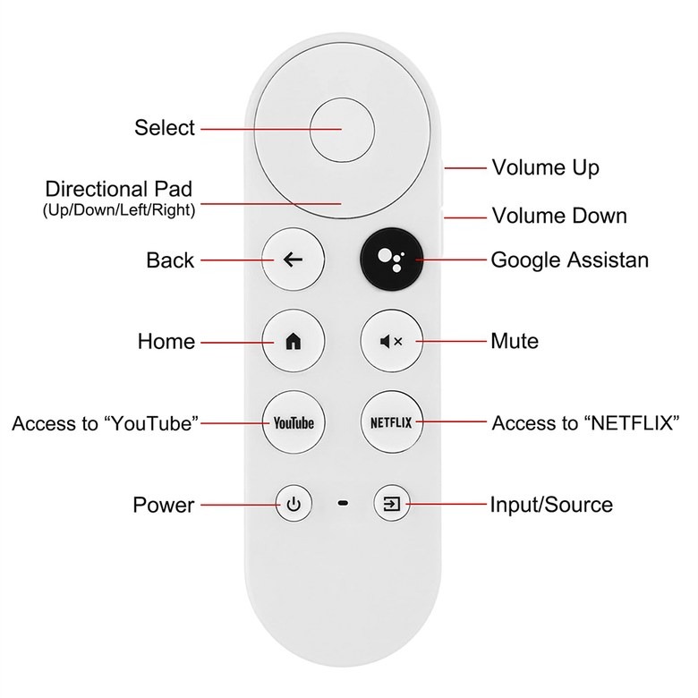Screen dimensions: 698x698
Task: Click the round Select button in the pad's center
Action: [x=342, y=130]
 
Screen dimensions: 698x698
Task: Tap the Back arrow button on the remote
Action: [x=293, y=260]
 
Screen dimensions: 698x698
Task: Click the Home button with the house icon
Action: [x=293, y=341]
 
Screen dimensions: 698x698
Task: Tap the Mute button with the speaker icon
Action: [x=391, y=341]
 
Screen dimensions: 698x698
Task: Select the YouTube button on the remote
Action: [x=294, y=422]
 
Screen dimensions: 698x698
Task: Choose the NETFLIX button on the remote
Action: [x=391, y=422]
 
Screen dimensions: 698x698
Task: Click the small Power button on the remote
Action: [x=294, y=504]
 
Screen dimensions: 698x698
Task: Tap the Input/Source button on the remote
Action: [x=392, y=504]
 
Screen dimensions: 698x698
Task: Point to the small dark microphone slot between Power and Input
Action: [x=343, y=504]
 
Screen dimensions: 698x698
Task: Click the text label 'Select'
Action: [x=165, y=128]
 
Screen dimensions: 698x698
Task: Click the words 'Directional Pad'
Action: [x=119, y=189]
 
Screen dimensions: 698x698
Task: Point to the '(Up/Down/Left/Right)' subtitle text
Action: [x=119, y=209]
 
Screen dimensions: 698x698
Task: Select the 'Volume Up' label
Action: [x=545, y=168]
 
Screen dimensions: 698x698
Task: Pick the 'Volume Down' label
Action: [x=559, y=216]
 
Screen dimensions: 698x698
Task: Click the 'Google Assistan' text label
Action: [x=570, y=260]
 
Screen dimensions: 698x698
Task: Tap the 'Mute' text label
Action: [x=515, y=341]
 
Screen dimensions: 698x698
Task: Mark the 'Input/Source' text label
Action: [x=551, y=505]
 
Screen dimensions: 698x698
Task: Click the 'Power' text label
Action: [x=164, y=505]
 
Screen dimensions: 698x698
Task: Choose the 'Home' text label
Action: [x=166, y=342]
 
